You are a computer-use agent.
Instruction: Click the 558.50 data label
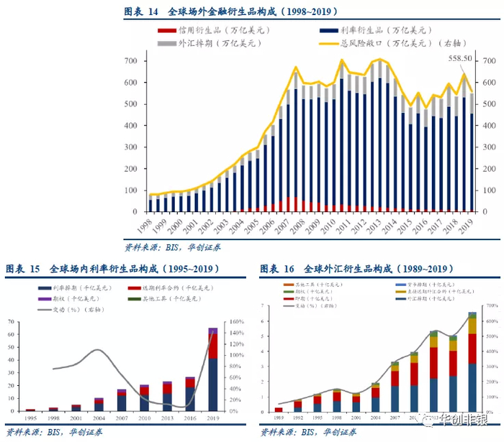(460, 58)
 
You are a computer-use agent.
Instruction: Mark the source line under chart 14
(172, 247)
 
